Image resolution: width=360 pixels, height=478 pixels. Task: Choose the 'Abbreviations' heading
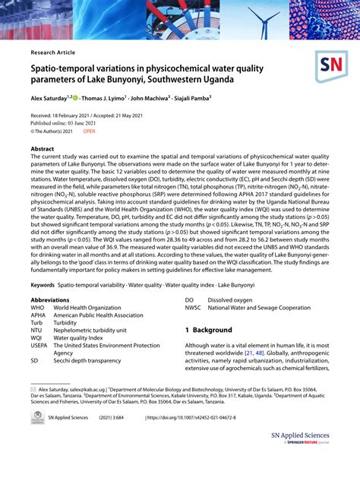[51, 300]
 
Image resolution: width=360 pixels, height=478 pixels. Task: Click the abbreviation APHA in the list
[38, 315]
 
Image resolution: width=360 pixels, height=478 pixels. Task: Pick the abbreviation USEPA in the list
[39, 345]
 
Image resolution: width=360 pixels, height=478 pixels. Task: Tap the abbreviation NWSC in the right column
[194, 308]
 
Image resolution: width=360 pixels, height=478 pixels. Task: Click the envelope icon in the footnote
[33, 388]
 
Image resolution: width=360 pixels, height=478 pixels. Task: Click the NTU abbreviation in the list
[37, 330]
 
